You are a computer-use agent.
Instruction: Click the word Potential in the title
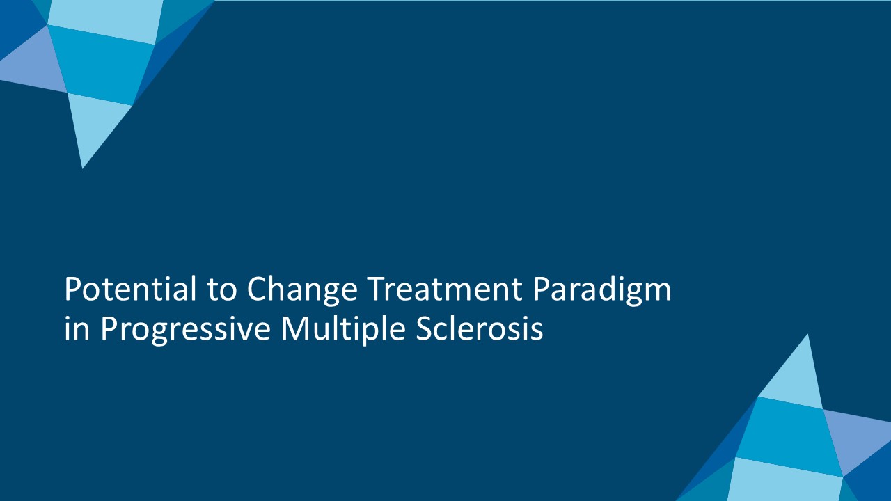[130, 288]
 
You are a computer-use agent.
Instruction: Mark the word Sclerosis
[480, 328]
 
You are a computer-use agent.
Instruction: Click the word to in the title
[222, 290]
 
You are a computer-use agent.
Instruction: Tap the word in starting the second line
[77, 328]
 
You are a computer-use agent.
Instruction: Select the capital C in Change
[257, 289]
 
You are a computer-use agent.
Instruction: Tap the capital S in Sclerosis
[424, 328]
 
